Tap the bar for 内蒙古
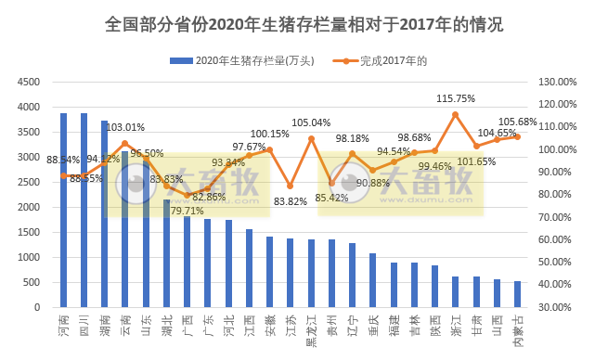(517, 294)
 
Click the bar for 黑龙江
(311, 273)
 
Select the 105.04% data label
(311, 122)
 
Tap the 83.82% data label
(290, 201)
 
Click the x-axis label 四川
(84, 324)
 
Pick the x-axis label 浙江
(455, 324)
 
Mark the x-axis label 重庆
(373, 324)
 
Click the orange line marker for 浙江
(455, 114)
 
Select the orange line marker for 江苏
(291, 186)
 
